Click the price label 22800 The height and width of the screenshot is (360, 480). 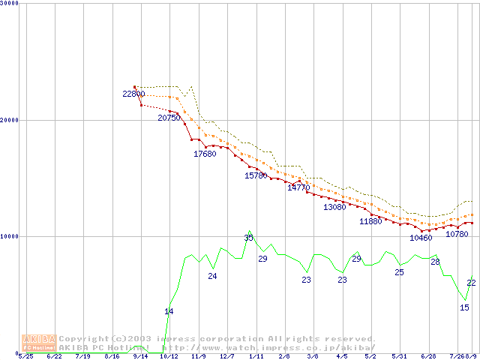(x=134, y=94)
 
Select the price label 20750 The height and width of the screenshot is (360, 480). (x=169, y=118)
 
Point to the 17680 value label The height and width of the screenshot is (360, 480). (x=205, y=154)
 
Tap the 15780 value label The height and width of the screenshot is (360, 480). (x=256, y=175)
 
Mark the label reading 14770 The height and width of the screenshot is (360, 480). (x=298, y=187)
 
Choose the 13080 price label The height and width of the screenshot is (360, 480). (x=334, y=207)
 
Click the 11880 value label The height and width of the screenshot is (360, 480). (x=370, y=221)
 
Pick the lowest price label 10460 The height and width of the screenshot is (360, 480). (x=421, y=238)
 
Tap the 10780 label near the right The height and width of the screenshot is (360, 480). (x=457, y=234)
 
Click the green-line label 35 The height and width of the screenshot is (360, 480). (x=249, y=238)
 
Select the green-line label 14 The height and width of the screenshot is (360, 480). (x=169, y=311)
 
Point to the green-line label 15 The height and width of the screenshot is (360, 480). (x=464, y=307)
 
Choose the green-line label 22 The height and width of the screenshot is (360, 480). (x=471, y=283)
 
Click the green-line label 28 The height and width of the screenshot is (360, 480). (x=435, y=262)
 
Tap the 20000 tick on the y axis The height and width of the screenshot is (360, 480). (x=10, y=120)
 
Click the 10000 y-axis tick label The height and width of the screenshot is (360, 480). (x=10, y=236)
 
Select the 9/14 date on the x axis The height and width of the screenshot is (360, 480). (x=140, y=356)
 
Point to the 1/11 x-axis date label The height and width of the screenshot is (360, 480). (x=256, y=356)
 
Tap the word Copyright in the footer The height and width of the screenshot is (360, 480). (x=83, y=339)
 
